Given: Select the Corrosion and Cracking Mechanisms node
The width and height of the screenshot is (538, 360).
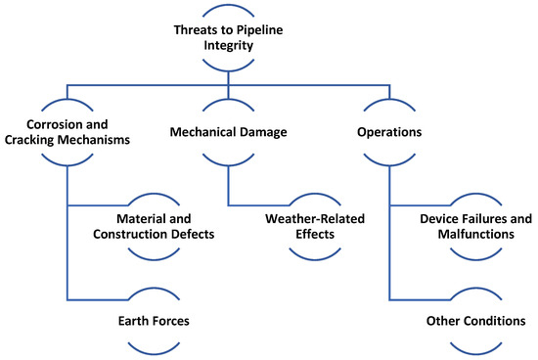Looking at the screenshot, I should pos(67,132).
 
